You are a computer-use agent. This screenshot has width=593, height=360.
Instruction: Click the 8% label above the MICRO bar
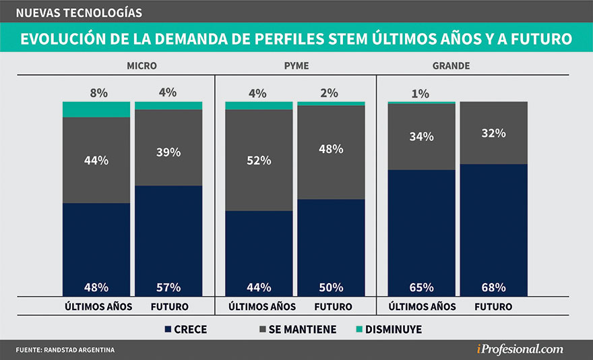tap(98, 93)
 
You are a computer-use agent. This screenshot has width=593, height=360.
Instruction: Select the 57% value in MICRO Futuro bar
tap(168, 287)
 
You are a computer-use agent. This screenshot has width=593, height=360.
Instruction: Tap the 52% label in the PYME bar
tap(259, 160)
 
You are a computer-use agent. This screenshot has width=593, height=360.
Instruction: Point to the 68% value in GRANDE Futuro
tap(493, 287)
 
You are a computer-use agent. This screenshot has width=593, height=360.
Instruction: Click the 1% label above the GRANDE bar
tap(420, 94)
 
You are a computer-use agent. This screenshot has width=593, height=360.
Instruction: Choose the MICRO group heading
tap(142, 66)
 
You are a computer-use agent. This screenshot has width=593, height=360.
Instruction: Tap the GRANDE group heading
tap(451, 66)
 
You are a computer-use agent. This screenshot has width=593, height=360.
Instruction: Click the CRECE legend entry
tap(186, 330)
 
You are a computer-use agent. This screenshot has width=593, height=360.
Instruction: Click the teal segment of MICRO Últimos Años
tap(96, 109)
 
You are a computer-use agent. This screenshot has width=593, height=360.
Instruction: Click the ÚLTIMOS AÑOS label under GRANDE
tap(423, 307)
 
